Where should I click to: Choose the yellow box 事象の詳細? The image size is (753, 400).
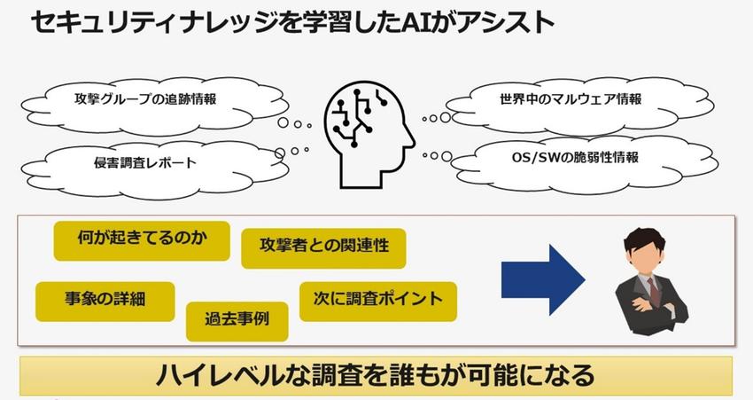tap(105, 301)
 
